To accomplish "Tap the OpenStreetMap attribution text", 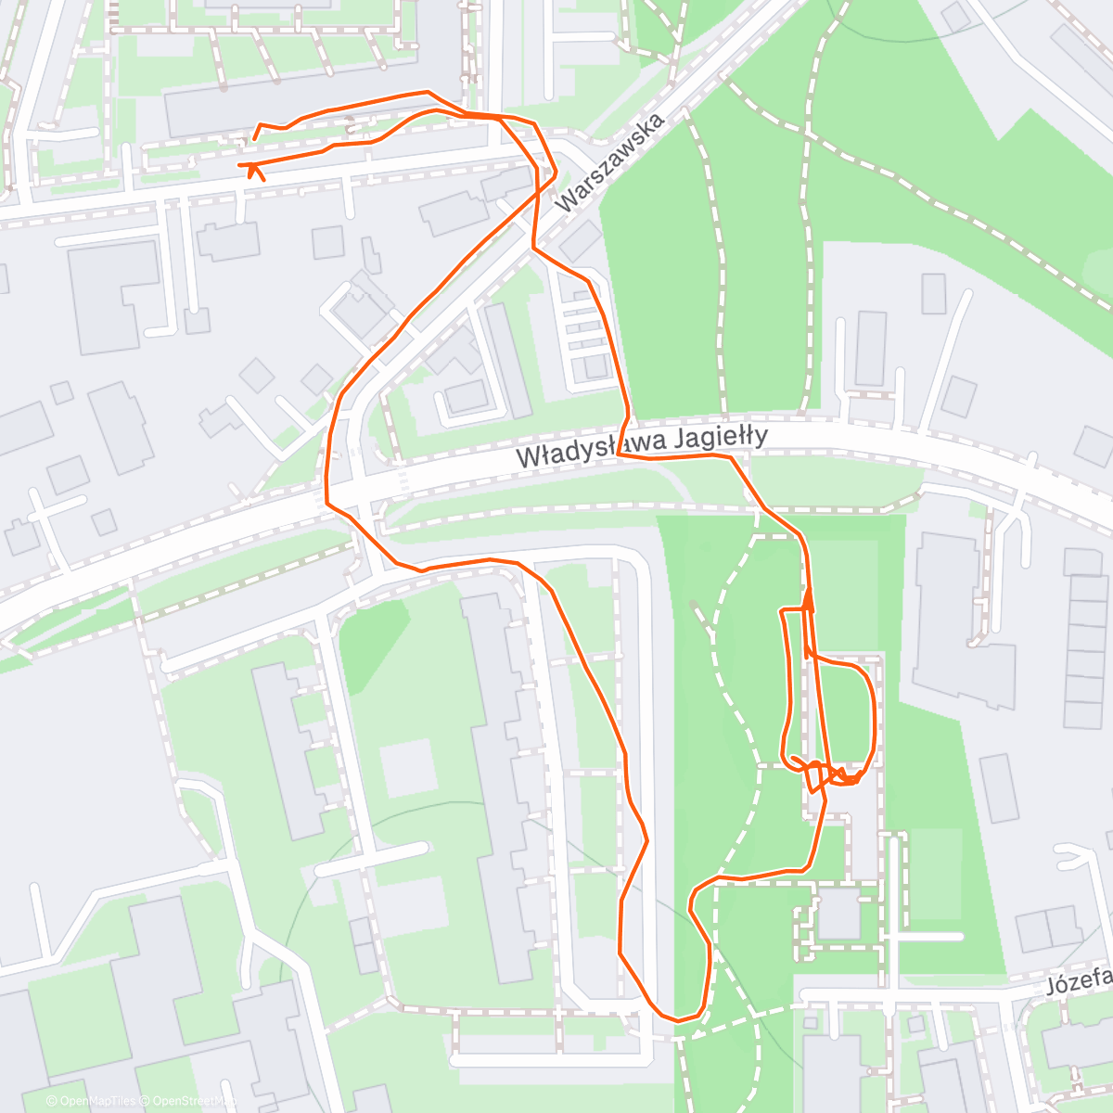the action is click(190, 1101).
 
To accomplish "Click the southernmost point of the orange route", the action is click(678, 1020).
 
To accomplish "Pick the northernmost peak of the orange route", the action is click(427, 92).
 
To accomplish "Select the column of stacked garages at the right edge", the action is click(1084, 649).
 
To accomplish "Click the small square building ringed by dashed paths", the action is click(839, 914).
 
